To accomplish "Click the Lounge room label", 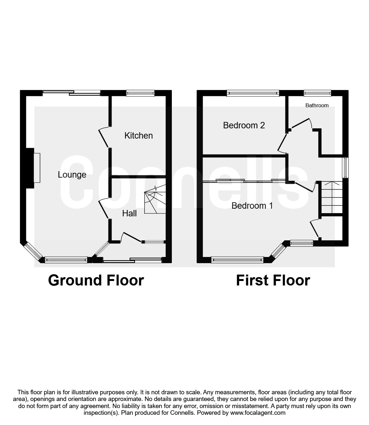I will pyautogui.click(x=72, y=175).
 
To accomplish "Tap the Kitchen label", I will pyautogui.click(x=138, y=136).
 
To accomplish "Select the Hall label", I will pyautogui.click(x=130, y=213).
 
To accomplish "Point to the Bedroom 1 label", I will pyautogui.click(x=252, y=206).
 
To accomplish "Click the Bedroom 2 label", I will pyautogui.click(x=244, y=125).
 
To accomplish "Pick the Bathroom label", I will pyautogui.click(x=317, y=105).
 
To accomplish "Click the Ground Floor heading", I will pyautogui.click(x=96, y=280).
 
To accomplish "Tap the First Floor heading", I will pyautogui.click(x=273, y=280).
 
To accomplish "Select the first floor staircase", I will pyautogui.click(x=332, y=197).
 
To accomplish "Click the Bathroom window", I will pyautogui.click(x=317, y=93).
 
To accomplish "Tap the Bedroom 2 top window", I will pyautogui.click(x=253, y=93).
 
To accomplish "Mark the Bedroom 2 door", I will pyautogui.click(x=282, y=143).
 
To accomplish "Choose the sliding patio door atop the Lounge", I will pyautogui.click(x=72, y=93).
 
